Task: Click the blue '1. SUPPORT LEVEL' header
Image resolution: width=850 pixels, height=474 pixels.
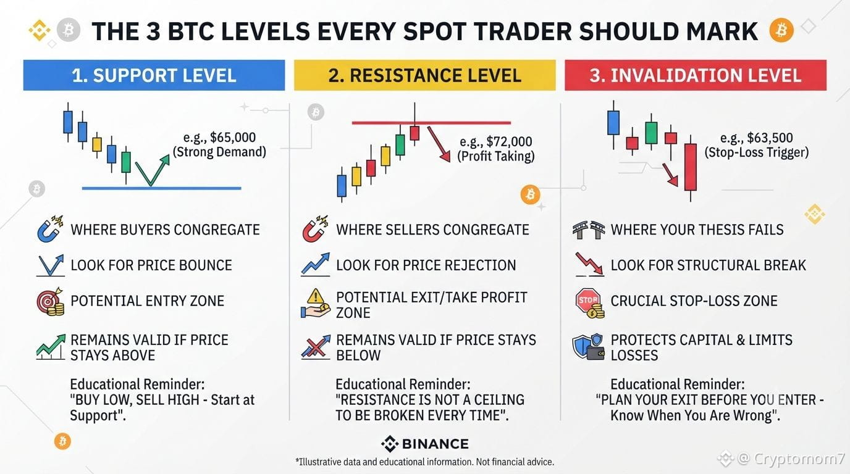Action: point(154,75)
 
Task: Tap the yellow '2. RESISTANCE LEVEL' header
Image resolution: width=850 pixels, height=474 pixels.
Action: point(424,75)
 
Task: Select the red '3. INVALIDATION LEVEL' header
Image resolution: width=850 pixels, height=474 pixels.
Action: point(696,75)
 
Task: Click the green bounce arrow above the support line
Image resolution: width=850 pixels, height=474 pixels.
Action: point(153,170)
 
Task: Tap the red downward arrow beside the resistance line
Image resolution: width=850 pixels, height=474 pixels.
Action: point(439,144)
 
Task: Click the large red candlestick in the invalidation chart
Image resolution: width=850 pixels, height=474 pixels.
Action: point(691,167)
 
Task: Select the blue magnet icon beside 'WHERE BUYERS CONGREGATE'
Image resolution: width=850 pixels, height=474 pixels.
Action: point(50,229)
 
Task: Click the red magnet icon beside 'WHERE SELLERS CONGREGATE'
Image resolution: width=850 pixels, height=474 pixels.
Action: point(315,229)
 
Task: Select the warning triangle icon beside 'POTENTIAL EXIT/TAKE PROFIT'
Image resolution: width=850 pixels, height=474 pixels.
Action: point(315,296)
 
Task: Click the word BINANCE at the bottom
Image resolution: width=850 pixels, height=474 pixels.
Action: point(436,444)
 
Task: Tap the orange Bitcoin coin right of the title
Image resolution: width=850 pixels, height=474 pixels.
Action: point(781,30)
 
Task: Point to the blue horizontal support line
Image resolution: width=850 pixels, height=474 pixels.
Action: point(162,188)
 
